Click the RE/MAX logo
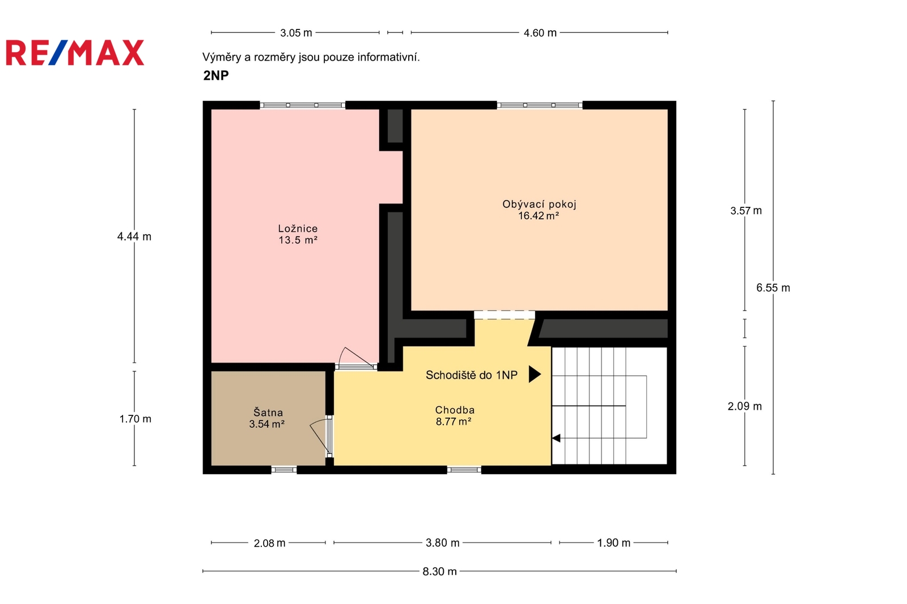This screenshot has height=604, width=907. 75,53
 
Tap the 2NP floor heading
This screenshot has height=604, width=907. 216,75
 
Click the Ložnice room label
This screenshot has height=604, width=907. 298,229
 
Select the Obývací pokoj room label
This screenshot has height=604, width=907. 539,205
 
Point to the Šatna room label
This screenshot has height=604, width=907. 268,412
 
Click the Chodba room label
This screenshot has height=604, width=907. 455,410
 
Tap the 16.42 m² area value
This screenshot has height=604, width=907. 539,216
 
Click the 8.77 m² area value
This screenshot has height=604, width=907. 453,422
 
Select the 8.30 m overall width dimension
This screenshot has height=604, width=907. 440,572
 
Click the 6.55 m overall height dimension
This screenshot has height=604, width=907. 773,288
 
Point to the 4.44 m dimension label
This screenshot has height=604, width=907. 134,236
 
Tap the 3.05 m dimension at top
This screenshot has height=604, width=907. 296,33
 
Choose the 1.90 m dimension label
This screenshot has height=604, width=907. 614,543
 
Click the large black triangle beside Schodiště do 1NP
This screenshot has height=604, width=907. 534,375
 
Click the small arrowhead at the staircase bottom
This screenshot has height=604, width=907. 556,438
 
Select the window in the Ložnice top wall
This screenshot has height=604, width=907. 303,105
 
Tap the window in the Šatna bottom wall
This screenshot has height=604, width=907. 284,470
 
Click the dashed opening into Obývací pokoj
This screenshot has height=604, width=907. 505,315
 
